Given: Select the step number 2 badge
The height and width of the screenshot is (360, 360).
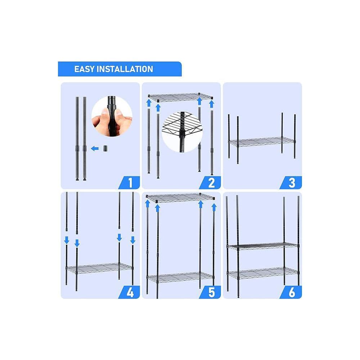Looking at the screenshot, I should (212, 183).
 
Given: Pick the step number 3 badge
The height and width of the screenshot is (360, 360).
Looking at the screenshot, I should (292, 183).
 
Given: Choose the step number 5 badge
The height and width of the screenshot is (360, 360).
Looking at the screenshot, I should (212, 292).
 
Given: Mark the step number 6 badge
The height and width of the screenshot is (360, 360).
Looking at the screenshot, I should (292, 292).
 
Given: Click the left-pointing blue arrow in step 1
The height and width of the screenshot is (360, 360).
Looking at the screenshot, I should (95, 148).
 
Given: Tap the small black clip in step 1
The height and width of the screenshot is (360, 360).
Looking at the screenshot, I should (105, 148).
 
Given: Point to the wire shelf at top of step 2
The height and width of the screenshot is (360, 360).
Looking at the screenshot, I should (181, 98).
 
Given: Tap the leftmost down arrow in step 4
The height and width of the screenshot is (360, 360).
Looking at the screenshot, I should (67, 239).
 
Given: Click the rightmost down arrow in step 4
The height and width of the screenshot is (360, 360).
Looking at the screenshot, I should (132, 240).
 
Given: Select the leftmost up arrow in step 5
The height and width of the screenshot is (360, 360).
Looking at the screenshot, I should (147, 204).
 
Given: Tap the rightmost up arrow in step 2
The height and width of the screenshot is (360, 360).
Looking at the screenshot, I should (212, 104).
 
